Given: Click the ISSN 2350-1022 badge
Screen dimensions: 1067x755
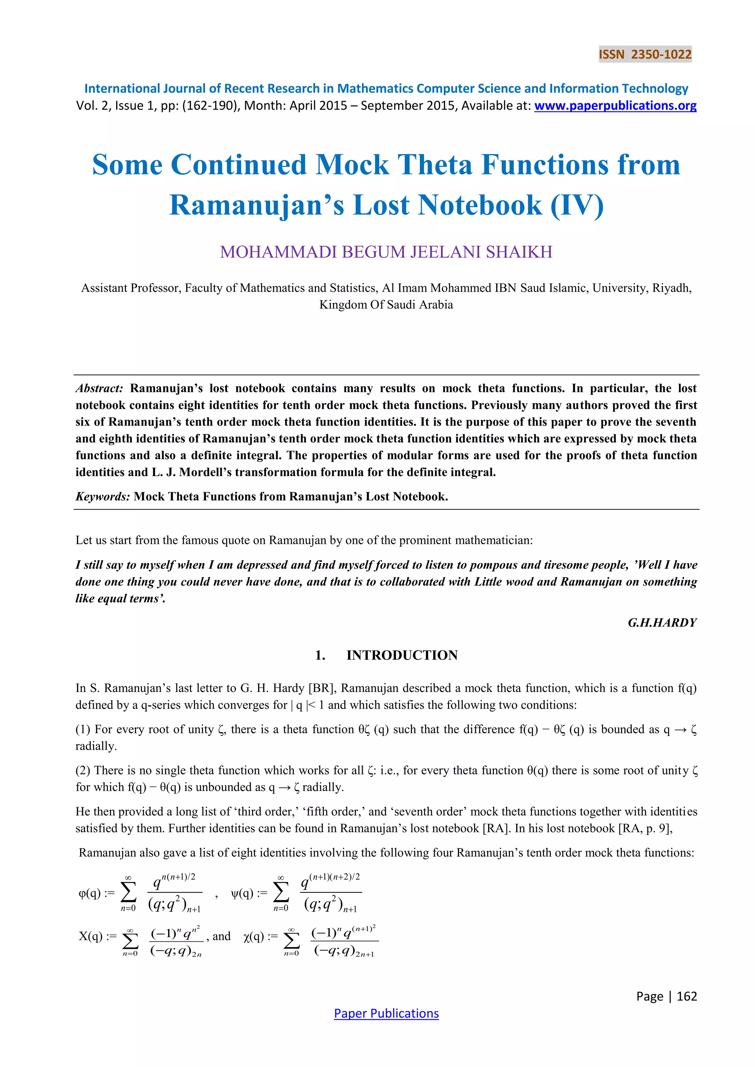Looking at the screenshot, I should (x=645, y=55).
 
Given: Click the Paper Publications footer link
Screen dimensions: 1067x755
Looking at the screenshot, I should (x=386, y=1013).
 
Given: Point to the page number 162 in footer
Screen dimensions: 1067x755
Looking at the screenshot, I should (x=687, y=996).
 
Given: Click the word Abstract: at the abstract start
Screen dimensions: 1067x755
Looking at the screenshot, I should (x=100, y=388).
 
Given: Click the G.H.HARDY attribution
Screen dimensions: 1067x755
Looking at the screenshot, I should (x=662, y=622).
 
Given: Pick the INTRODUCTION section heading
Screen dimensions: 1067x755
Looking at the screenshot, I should (x=402, y=655).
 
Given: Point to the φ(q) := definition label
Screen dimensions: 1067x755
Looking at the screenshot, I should (x=96, y=893).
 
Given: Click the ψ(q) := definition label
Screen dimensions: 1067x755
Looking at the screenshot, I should (x=249, y=893).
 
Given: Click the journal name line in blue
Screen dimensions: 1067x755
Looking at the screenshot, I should (x=386, y=88).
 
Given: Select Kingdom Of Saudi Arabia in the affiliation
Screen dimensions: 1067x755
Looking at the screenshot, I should (x=386, y=304).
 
